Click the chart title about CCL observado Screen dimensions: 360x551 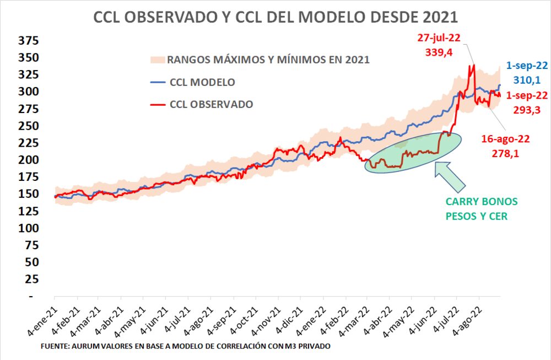tap(275, 18)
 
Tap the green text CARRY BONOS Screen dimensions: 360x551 tap(482, 202)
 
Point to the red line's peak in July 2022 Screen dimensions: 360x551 tap(473, 66)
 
